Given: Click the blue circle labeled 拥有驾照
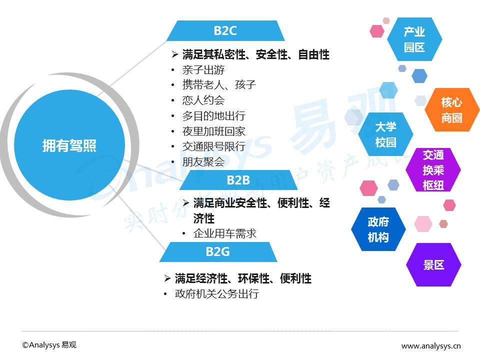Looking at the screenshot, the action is [x=69, y=146].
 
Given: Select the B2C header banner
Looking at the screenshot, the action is [x=225, y=31].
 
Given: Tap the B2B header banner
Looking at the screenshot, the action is [x=238, y=180].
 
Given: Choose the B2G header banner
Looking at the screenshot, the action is [x=218, y=251].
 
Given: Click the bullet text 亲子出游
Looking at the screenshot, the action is [x=203, y=70].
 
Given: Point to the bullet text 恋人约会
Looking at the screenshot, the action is [x=203, y=100].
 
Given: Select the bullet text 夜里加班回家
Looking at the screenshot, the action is [x=214, y=131].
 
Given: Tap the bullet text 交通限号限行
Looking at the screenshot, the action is [x=214, y=146].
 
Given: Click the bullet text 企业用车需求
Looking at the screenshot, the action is [x=225, y=233].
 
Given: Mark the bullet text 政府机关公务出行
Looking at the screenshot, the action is [x=217, y=293].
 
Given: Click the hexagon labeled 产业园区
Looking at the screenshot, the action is [x=414, y=39].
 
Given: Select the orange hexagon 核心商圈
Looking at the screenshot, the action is [x=451, y=110].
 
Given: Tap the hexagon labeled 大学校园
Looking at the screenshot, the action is [x=385, y=134].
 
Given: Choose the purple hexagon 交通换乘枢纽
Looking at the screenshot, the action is [x=433, y=170].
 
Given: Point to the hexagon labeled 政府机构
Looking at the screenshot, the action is [x=378, y=229].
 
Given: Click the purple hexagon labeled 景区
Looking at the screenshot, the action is [x=433, y=265].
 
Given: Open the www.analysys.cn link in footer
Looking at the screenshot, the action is [x=431, y=345].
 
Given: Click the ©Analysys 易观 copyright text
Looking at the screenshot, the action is [x=49, y=345].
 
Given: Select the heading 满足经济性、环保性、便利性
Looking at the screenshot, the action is [x=243, y=278].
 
